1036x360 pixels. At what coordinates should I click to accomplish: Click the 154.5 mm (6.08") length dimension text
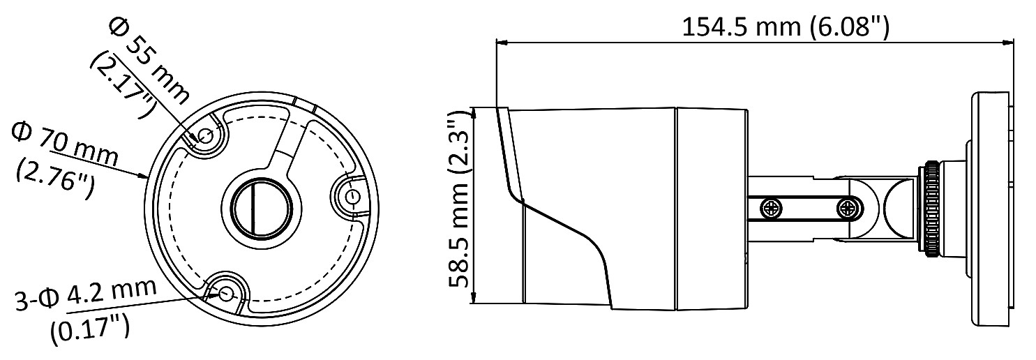click(x=786, y=27)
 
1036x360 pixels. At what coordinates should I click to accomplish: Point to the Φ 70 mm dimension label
click(x=65, y=144)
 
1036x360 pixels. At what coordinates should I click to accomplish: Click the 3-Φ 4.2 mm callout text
click(x=86, y=294)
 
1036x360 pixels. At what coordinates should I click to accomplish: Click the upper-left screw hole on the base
click(x=206, y=136)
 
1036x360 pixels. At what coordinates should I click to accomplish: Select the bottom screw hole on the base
click(x=227, y=292)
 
